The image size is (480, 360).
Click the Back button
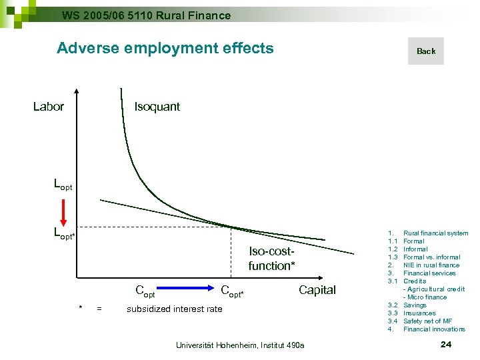(425, 51)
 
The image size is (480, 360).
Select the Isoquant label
(157, 107)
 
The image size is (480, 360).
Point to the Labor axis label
(49, 107)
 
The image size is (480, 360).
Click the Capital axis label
(317, 290)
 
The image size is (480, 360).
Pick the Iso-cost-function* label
(271, 259)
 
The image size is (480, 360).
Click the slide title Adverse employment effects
(165, 48)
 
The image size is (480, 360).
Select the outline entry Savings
(415, 305)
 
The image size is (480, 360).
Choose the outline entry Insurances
(419, 313)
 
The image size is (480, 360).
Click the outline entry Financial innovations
(434, 329)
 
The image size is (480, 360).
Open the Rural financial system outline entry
(436, 233)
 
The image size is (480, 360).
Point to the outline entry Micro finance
(427, 297)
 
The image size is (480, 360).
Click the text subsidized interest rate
(174, 309)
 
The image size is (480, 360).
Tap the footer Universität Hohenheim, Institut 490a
(239, 345)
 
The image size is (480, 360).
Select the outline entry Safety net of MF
(427, 321)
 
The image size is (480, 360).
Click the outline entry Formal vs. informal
(431, 257)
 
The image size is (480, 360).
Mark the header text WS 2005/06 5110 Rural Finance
(146, 15)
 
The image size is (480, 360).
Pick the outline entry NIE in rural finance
(431, 265)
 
